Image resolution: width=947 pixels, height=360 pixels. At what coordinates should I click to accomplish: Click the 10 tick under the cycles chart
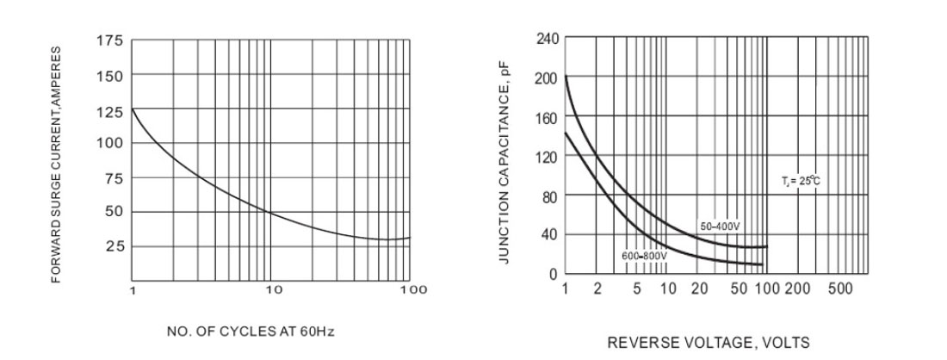point(273,290)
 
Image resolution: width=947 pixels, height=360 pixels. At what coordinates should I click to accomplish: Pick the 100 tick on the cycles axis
point(413,290)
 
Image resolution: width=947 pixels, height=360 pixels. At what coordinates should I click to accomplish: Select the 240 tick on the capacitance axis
point(548,39)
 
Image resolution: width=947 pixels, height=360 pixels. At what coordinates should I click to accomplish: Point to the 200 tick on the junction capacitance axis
point(548,78)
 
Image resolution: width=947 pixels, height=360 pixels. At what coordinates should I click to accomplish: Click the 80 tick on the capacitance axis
point(551,196)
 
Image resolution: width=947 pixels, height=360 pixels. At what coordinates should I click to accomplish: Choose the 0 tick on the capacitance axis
point(554,274)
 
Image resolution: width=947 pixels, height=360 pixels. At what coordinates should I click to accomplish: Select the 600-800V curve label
point(644,257)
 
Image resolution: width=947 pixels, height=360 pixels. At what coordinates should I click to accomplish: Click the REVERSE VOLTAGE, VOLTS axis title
point(709,343)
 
